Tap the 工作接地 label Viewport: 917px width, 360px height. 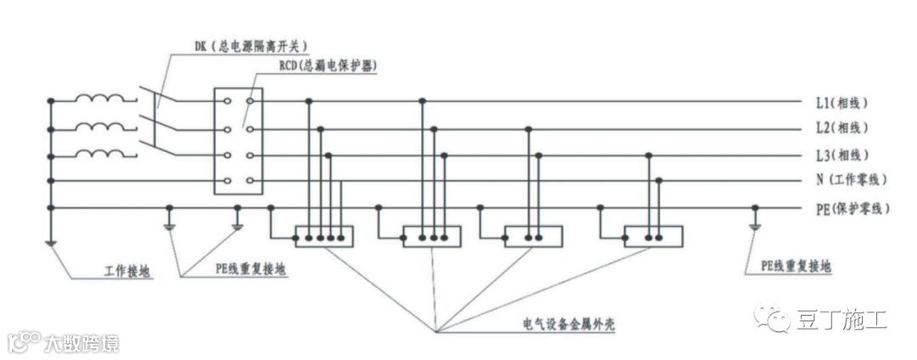(x=127, y=273)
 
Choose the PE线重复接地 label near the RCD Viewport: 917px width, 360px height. (x=251, y=269)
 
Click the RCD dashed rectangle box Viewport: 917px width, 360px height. (x=239, y=141)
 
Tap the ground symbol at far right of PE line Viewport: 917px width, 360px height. (x=755, y=226)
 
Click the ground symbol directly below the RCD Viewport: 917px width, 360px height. (x=238, y=226)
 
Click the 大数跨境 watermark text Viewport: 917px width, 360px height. (x=81, y=343)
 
